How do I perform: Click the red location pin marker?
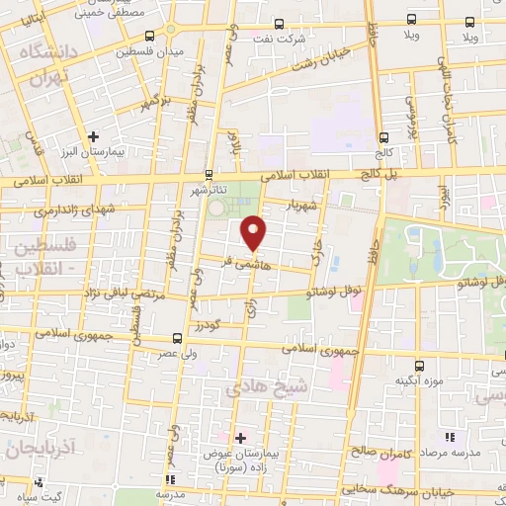tap(255, 233)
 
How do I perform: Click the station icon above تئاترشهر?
tap(208, 172)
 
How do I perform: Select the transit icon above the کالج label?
tap(382, 138)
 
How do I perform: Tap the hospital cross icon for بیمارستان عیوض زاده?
tap(240, 437)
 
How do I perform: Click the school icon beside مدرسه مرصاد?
tap(450, 436)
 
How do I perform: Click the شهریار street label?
tap(302, 208)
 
